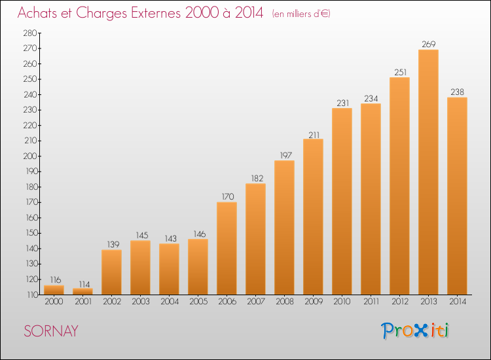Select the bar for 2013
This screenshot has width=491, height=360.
pyautogui.click(x=428, y=172)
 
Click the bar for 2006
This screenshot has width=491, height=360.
pyautogui.click(x=227, y=248)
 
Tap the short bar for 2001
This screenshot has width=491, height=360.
pyautogui.click(x=82, y=291)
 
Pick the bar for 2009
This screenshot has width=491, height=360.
pyautogui.click(x=313, y=217)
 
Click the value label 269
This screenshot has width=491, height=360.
pyautogui.click(x=428, y=44)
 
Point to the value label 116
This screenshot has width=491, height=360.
pyautogui.click(x=56, y=280)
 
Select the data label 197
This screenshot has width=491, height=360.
pyautogui.click(x=285, y=155)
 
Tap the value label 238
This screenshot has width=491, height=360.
pyautogui.click(x=457, y=92)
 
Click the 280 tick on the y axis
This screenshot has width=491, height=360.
pyautogui.click(x=30, y=33)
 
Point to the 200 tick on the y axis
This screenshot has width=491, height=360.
pyautogui.click(x=30, y=156)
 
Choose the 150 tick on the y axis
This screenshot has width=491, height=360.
pyautogui.click(x=31, y=233)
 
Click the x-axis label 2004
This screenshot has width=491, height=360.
pyautogui.click(x=170, y=302)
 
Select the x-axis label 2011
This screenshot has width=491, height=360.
pyautogui.click(x=371, y=302)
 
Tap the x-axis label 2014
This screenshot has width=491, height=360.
pyautogui.click(x=458, y=302)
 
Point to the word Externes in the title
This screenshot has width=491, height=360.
pyautogui.click(x=156, y=13)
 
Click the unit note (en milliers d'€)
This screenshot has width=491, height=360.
pyautogui.click(x=301, y=14)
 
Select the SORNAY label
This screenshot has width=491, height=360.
pyautogui.click(x=51, y=331)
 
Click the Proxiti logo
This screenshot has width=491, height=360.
pyautogui.click(x=415, y=331)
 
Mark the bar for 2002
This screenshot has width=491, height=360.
pyautogui.click(x=111, y=272)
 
